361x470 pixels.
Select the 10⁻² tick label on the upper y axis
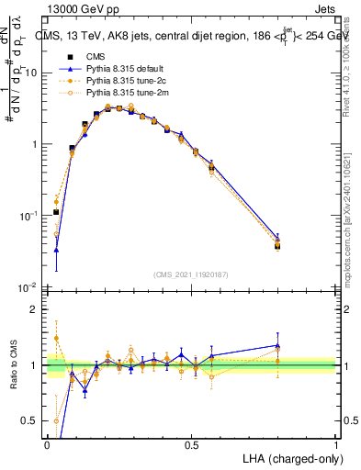[x=28, y=286]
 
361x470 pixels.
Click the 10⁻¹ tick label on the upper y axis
[x=28, y=215]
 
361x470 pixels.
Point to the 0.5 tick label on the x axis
[x=191, y=445]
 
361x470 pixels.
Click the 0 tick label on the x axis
[x=47, y=445]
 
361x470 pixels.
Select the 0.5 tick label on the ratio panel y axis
[x=30, y=421]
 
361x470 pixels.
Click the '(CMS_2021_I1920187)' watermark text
[x=191, y=274]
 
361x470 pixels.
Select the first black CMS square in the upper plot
[x=56, y=212]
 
